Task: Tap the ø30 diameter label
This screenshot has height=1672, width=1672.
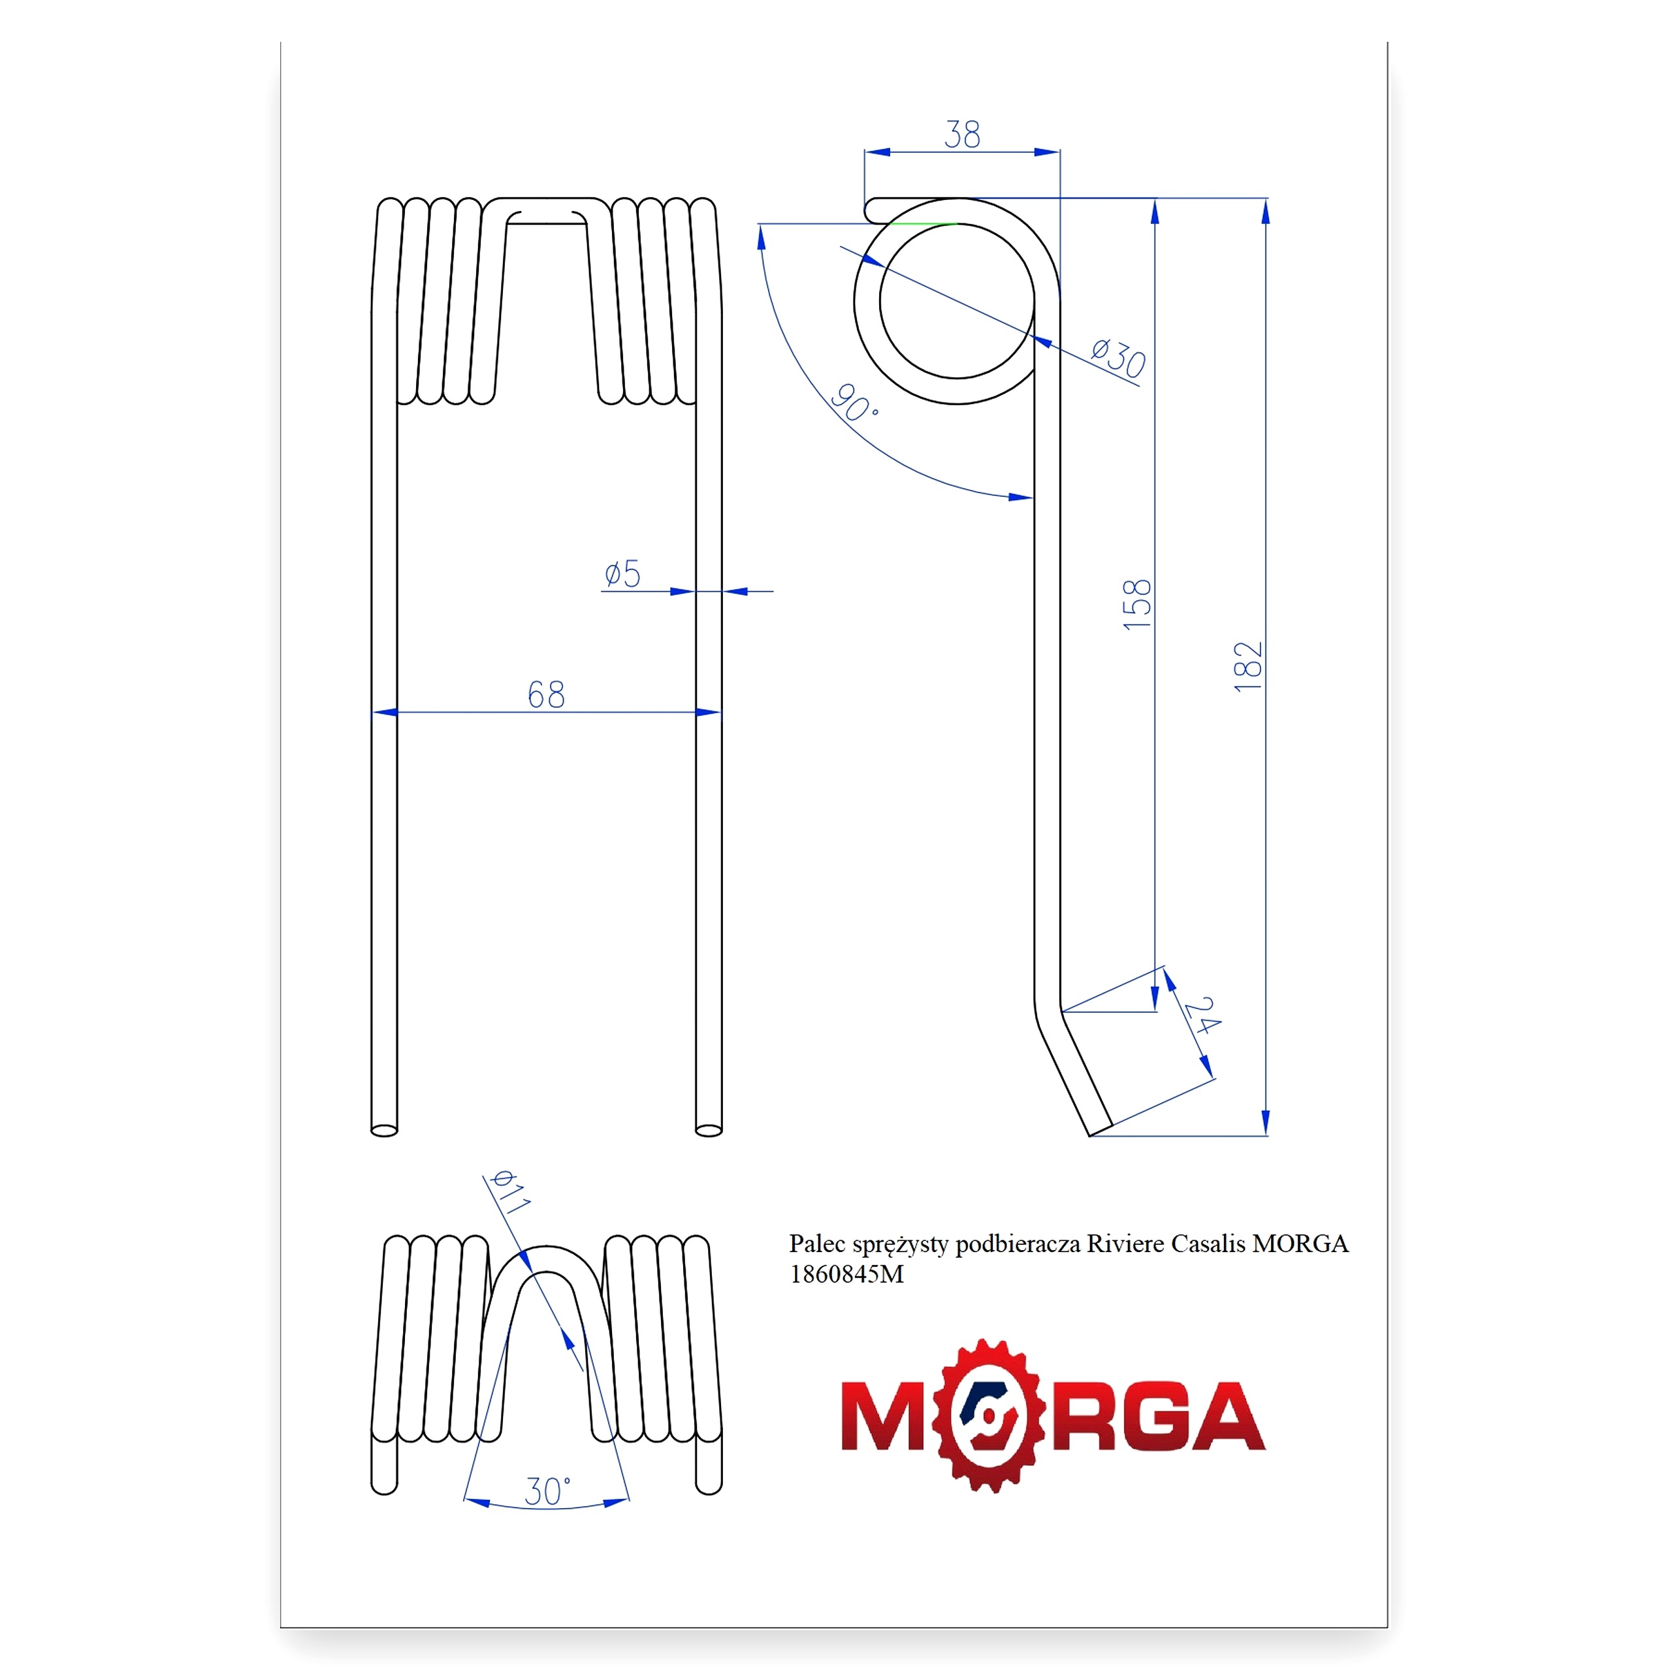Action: pos(1118,357)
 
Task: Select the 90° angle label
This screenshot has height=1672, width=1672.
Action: pos(854,403)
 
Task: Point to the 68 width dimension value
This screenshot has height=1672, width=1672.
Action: pos(546,694)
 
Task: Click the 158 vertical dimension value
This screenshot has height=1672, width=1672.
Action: pos(1137,604)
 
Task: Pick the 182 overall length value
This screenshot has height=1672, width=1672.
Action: pos(1248,666)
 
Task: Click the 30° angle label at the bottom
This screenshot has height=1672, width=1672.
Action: pos(547,1491)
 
